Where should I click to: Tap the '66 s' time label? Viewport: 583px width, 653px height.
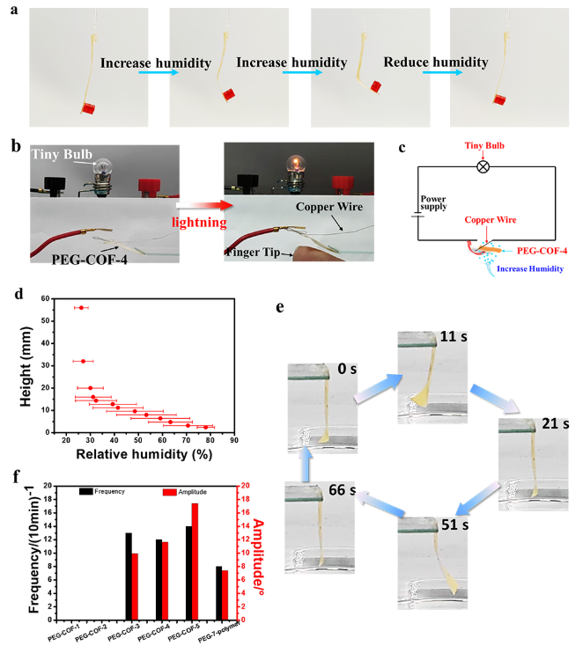[x=335, y=490]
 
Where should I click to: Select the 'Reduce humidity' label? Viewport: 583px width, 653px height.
[x=435, y=63]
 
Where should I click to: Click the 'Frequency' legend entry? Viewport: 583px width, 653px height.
[x=109, y=491]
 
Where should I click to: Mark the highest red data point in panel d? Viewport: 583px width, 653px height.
[x=82, y=308]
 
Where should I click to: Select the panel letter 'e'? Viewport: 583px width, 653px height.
[x=280, y=308]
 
